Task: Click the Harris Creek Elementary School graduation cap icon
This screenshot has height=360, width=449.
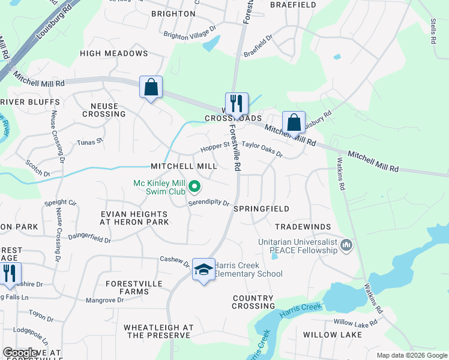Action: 203,270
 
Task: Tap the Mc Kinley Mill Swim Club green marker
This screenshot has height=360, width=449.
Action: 194,187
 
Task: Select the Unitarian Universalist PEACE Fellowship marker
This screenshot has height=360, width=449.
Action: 346,245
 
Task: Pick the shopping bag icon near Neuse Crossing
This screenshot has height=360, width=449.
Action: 151,88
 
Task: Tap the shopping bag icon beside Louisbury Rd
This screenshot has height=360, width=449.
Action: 294,123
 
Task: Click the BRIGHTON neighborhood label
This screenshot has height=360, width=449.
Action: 173,14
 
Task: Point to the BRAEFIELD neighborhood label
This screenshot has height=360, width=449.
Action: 293,5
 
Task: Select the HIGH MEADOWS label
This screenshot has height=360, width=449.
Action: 114,53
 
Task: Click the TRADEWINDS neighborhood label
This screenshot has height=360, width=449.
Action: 303,227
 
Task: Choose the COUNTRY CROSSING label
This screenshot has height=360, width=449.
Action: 253,302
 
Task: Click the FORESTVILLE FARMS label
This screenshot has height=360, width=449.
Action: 135,287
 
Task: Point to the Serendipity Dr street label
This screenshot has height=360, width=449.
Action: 209,203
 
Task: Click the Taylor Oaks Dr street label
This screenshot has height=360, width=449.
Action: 262,149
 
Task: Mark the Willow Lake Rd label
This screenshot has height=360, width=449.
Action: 355,323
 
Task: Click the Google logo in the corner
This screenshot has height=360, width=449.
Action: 21,353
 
